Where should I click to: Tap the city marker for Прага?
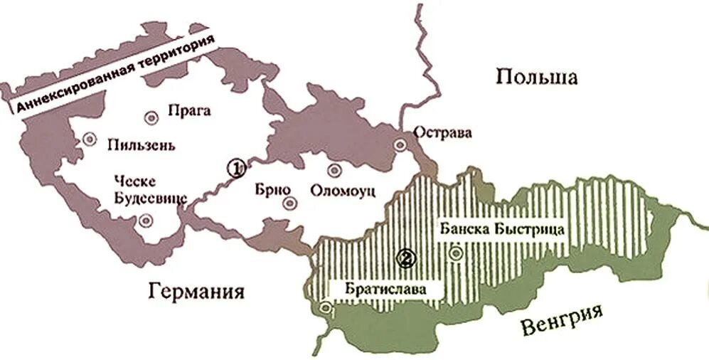[x=150, y=117]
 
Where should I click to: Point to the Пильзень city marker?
[x=89, y=139]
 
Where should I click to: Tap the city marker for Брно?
[x=289, y=203]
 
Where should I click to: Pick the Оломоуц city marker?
[x=334, y=169]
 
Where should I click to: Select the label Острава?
[x=442, y=132]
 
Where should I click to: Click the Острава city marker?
[x=401, y=145]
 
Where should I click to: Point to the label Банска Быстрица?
[x=502, y=229]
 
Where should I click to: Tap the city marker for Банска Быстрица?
[x=456, y=252]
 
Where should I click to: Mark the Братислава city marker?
[x=326, y=309]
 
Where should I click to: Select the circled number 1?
[x=235, y=168]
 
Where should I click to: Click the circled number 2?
[x=406, y=259]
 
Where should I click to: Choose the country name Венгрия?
[x=561, y=319]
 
